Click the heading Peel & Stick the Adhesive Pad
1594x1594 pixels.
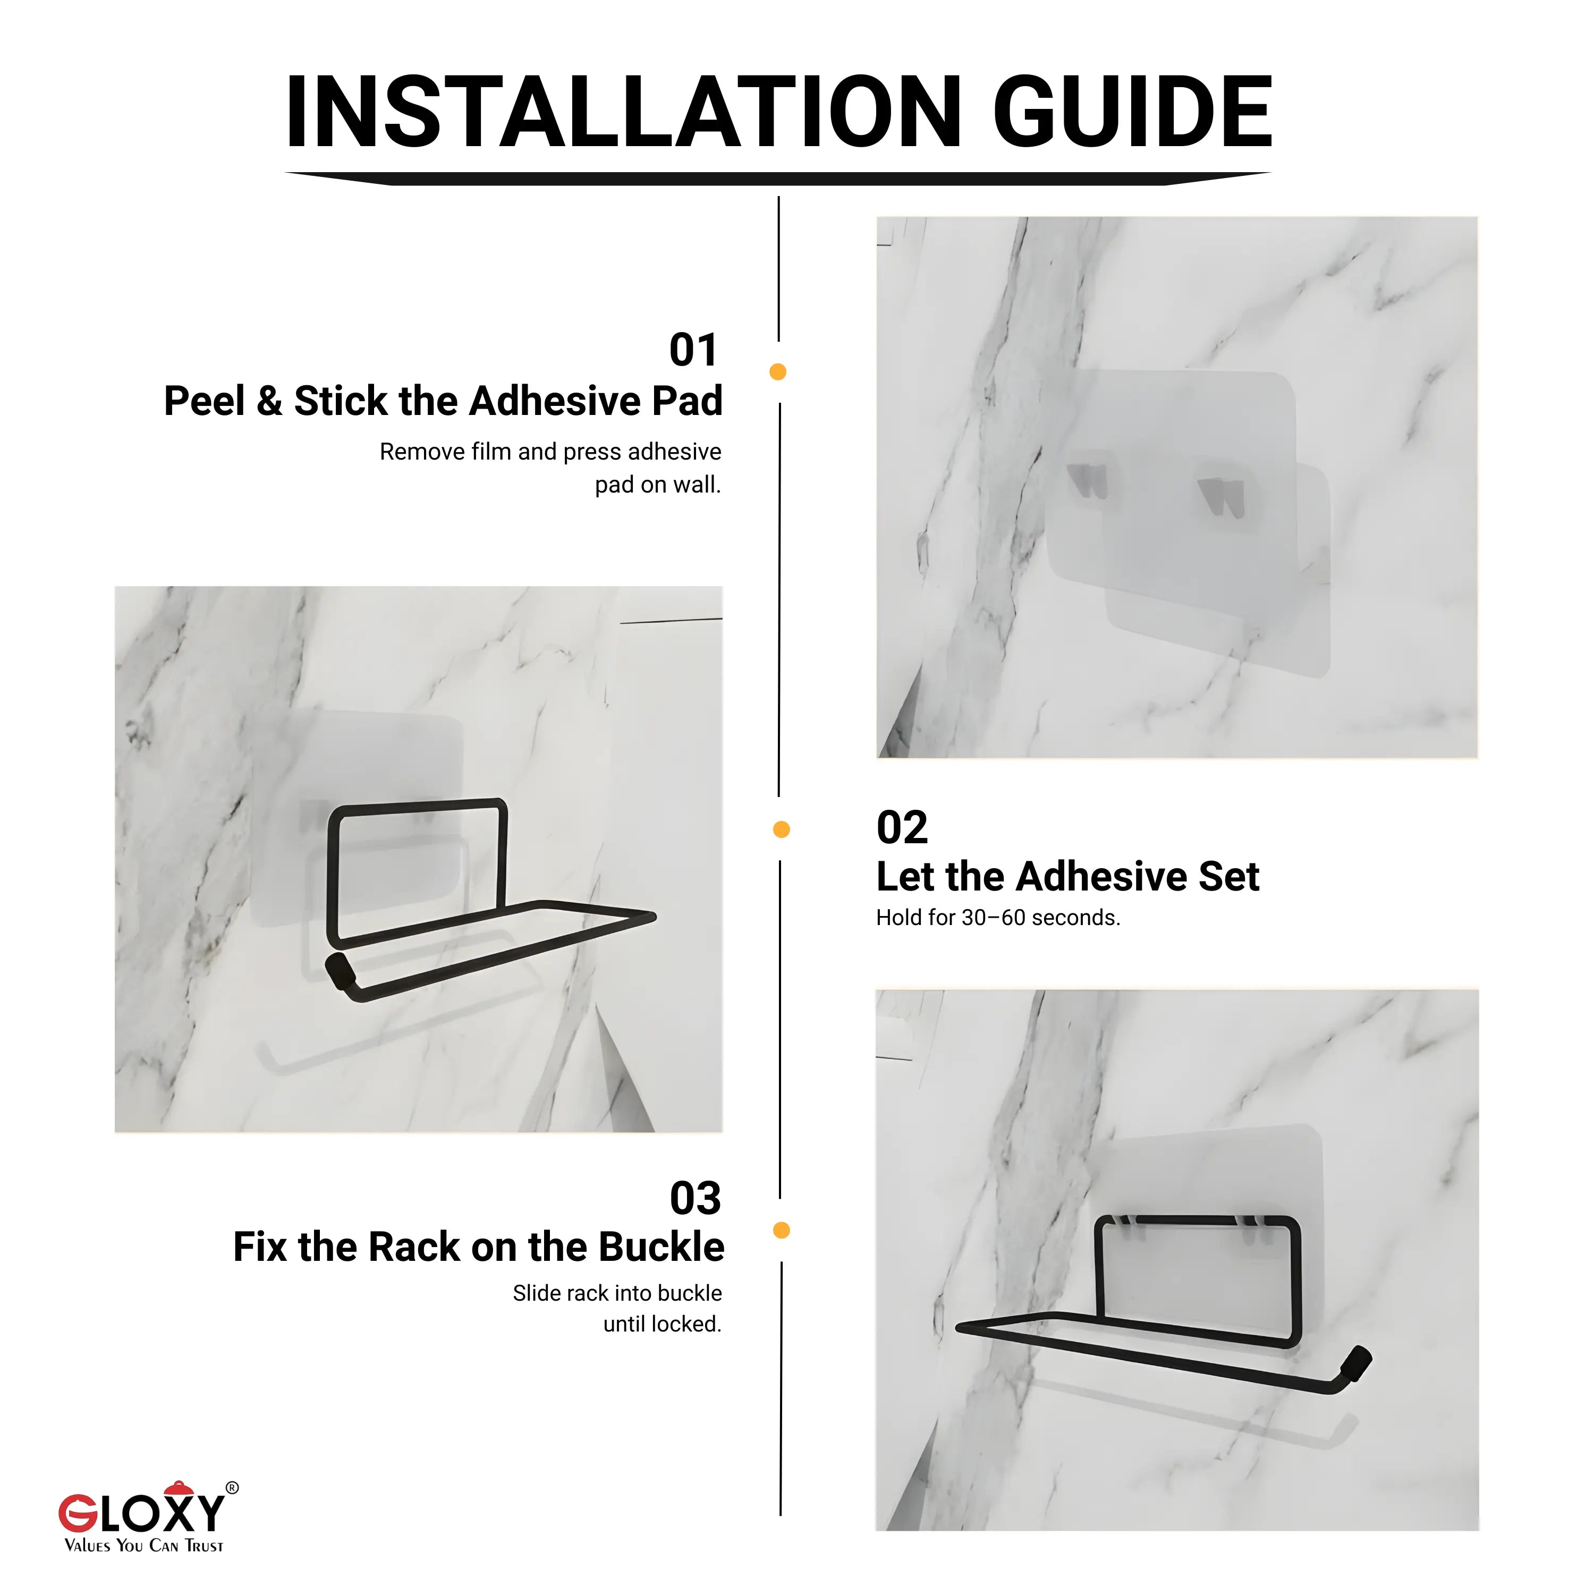click(x=443, y=401)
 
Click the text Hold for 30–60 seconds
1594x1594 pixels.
click(x=997, y=918)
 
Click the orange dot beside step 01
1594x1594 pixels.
click(x=777, y=372)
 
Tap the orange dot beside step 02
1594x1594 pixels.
click(x=781, y=829)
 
